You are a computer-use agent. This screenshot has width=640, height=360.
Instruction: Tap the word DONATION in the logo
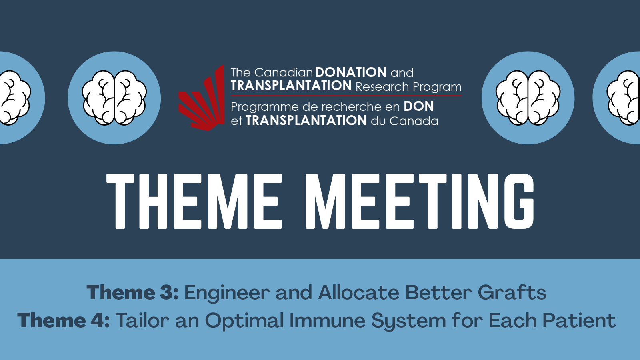point(351,72)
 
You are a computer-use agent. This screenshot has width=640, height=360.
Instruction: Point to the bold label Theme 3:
point(133,292)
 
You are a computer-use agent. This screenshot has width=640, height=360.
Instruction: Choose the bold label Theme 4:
point(64,320)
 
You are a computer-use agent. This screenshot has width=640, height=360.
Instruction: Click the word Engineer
point(227,293)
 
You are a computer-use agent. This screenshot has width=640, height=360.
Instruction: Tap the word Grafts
point(512,292)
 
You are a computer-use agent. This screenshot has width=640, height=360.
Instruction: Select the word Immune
point(328,320)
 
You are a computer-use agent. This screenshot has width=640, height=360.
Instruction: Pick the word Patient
point(579,320)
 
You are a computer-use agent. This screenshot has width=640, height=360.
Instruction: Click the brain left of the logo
point(114,98)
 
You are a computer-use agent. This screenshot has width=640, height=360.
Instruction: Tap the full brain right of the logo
point(528,98)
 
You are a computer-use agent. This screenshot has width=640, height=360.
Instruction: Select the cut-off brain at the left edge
point(15,98)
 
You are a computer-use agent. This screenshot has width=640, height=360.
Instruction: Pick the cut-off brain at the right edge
point(624,98)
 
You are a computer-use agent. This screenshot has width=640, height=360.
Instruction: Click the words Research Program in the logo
point(408,87)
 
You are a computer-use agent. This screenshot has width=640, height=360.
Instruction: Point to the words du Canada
point(404,121)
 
